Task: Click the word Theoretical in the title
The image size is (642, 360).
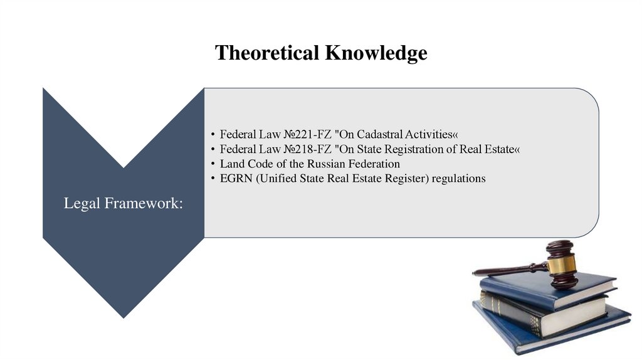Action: pyautogui.click(x=267, y=53)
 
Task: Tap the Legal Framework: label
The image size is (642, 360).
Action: pyautogui.click(x=124, y=204)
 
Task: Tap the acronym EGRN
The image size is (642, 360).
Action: pyautogui.click(x=234, y=179)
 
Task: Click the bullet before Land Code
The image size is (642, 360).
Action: pyautogui.click(x=213, y=164)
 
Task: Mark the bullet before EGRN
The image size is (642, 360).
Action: pyautogui.click(x=213, y=179)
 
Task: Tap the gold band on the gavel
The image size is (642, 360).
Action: pyautogui.click(x=562, y=265)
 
